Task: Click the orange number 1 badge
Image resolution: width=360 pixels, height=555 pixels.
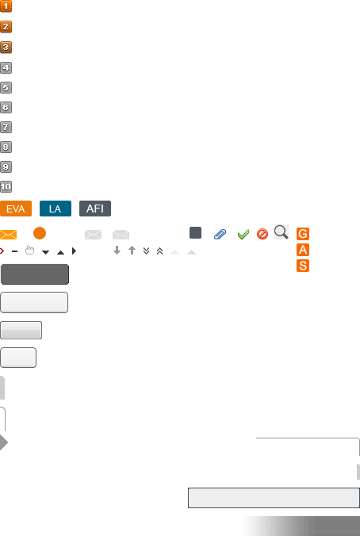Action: pyautogui.click(x=6, y=6)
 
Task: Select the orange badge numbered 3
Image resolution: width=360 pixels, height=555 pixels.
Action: pyautogui.click(x=6, y=47)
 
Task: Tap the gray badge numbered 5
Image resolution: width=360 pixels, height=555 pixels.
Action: pyautogui.click(x=6, y=87)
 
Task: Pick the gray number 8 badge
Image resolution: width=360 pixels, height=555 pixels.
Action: pyautogui.click(x=6, y=147)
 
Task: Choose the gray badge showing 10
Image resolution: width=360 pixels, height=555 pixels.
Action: pyautogui.click(x=6, y=186)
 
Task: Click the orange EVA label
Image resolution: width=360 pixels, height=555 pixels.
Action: pyautogui.click(x=16, y=209)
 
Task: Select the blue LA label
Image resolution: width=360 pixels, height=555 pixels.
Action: pyautogui.click(x=56, y=209)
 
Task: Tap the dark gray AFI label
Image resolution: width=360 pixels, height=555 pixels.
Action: pyautogui.click(x=95, y=209)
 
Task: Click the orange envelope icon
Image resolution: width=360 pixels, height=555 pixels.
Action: pyautogui.click(x=9, y=235)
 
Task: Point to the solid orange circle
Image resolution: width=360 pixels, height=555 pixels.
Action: pyautogui.click(x=40, y=233)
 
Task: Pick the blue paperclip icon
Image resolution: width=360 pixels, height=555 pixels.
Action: pyautogui.click(x=220, y=235)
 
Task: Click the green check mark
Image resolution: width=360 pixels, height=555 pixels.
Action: pyautogui.click(x=243, y=235)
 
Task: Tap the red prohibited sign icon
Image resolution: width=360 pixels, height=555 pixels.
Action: pyautogui.click(x=262, y=234)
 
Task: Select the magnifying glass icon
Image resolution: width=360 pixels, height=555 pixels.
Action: pyautogui.click(x=281, y=232)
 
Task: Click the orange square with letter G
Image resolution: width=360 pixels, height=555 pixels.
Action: pyautogui.click(x=303, y=234)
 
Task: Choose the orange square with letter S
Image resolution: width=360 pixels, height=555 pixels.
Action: pyautogui.click(x=303, y=266)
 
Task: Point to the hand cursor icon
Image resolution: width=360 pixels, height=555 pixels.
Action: pyautogui.click(x=29, y=250)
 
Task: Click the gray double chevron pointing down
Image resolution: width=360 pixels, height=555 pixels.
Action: pyautogui.click(x=146, y=251)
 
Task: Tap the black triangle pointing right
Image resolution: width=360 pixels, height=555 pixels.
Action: pyautogui.click(x=74, y=251)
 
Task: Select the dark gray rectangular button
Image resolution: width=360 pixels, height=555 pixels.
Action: pyautogui.click(x=35, y=274)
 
